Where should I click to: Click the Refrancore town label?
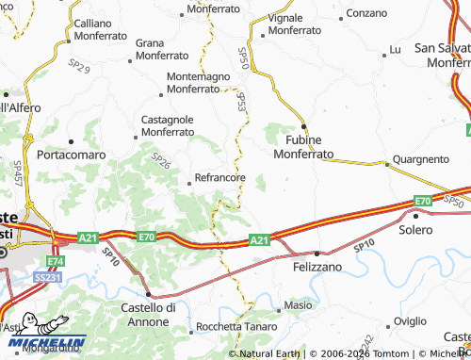point(219,177)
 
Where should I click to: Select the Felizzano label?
point(310,268)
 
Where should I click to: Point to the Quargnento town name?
point(420,158)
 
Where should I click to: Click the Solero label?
point(415,230)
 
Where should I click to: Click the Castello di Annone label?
point(149,314)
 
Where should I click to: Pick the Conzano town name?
point(366,13)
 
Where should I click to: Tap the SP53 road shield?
point(241,101)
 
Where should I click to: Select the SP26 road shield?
point(161,163)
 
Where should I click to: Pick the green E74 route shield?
point(56,261)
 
